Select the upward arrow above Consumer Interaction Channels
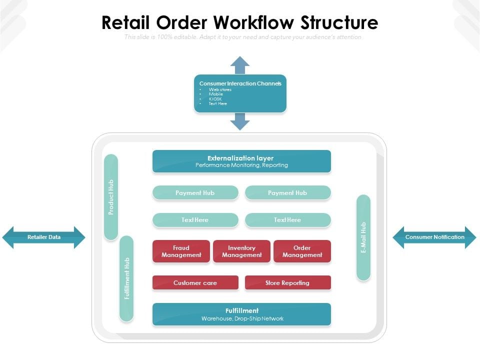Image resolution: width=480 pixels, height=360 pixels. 240,64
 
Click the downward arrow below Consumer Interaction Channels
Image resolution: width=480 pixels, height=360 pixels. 240,121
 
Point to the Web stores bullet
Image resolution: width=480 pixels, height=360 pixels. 220,89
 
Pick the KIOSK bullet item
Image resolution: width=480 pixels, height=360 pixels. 215,99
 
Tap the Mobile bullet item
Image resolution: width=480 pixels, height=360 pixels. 216,94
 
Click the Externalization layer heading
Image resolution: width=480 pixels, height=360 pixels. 240,158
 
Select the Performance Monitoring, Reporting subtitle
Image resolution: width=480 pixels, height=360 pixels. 241,165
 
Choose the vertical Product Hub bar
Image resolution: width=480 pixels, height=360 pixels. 111,197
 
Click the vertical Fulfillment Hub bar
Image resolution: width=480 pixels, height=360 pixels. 126,278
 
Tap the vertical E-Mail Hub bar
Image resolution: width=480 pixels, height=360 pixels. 363,237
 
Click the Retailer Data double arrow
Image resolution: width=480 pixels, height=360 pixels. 44,237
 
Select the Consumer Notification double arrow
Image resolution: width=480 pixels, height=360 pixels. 434,237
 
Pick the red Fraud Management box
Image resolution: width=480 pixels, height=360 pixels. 181,251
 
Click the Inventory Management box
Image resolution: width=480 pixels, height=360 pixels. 241,251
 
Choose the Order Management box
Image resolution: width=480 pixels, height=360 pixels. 302,251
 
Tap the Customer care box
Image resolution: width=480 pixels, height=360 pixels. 195,282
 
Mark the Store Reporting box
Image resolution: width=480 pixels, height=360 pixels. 287,282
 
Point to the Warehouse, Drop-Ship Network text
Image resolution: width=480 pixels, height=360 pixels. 242,318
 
